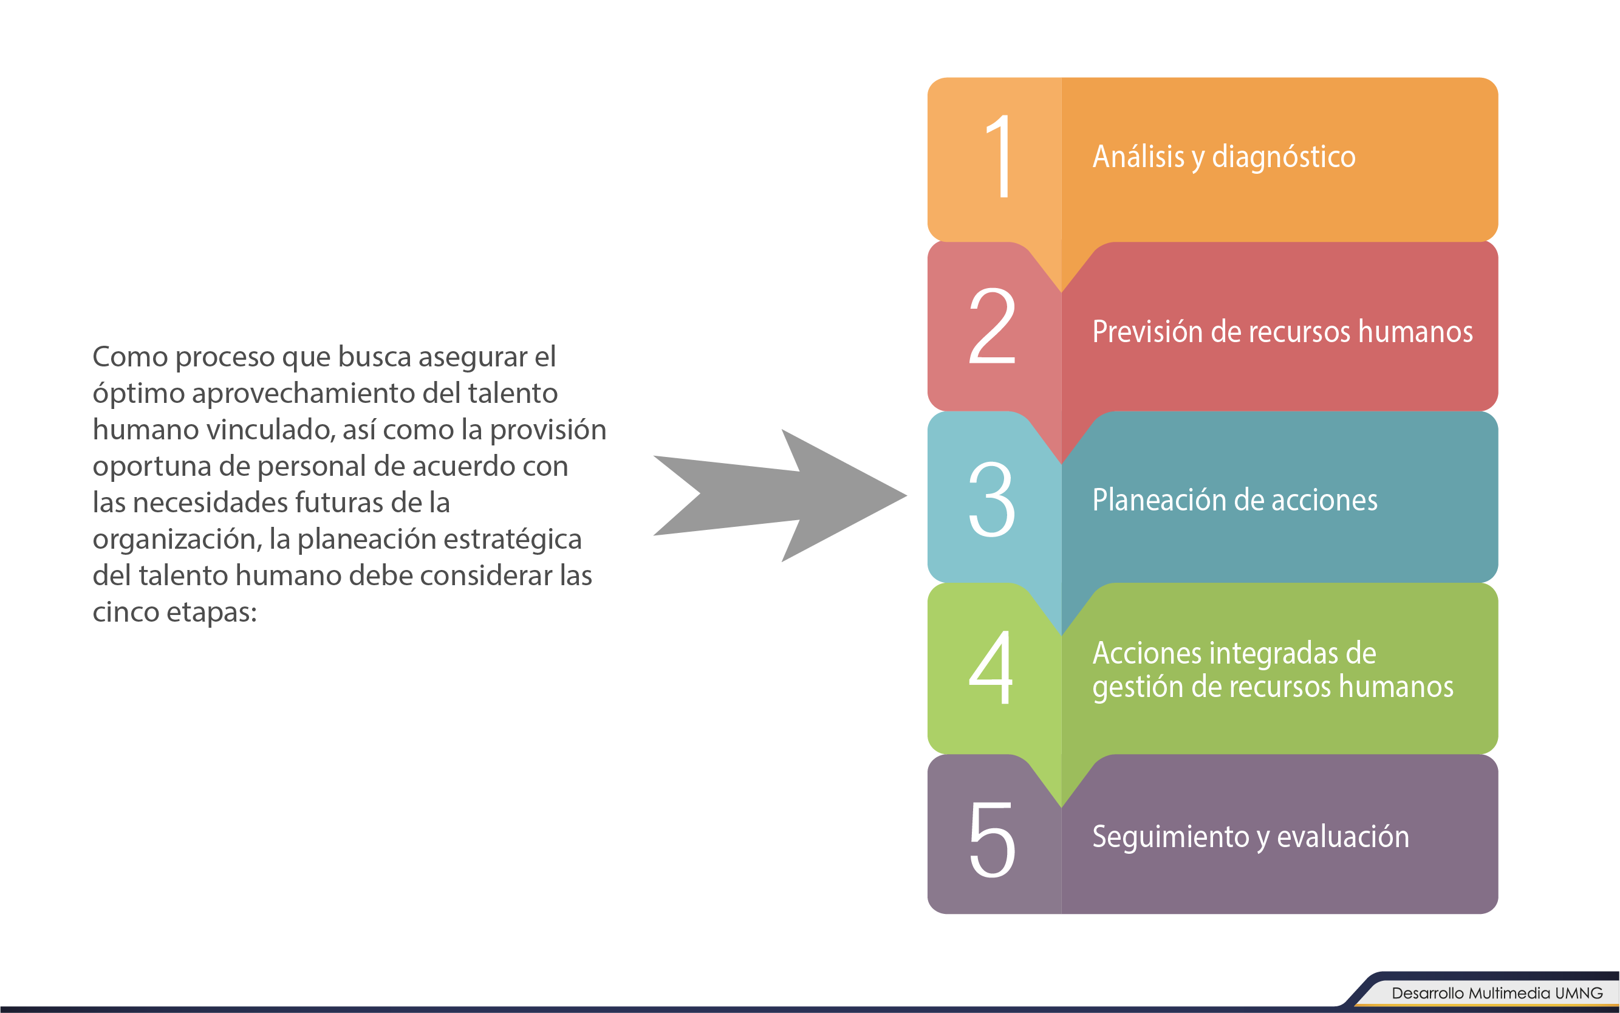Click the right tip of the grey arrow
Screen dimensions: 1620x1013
pos(907,496)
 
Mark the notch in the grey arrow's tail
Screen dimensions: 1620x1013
pos(700,495)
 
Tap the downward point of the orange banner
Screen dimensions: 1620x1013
pos(1061,293)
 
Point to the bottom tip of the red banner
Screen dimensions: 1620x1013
pos(1061,464)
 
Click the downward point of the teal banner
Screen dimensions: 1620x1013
pos(1061,636)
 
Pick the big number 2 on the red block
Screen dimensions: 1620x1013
pos(992,326)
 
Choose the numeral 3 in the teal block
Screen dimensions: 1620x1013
pos(992,499)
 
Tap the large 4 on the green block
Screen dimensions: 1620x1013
pos(991,667)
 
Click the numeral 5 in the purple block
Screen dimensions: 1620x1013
pos(993,839)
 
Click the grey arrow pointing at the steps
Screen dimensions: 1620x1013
pos(780,495)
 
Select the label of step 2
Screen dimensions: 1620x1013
pos(1282,332)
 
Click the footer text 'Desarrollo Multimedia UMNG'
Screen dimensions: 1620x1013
pos(1497,993)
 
